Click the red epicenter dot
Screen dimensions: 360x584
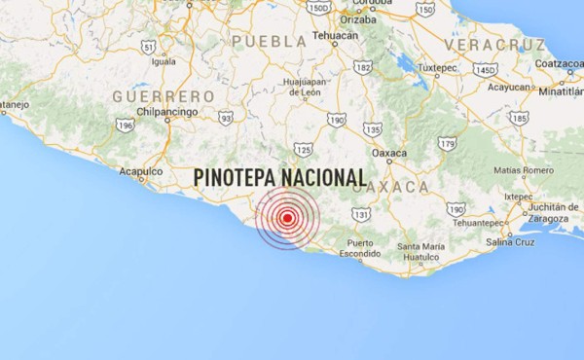pos(287,218)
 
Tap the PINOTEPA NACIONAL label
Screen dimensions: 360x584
pos(279,178)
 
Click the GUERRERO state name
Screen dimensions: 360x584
pos(163,96)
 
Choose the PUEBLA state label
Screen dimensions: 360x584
pos(269,42)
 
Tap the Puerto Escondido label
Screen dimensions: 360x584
pos(359,249)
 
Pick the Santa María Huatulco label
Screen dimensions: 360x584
pos(420,251)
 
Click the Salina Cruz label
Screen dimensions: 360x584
pos(511,240)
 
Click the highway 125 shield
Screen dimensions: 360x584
pos(303,149)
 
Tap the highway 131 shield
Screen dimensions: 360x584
pos(361,214)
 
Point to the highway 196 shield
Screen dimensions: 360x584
pos(125,125)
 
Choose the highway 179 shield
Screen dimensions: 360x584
pos(447,143)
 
